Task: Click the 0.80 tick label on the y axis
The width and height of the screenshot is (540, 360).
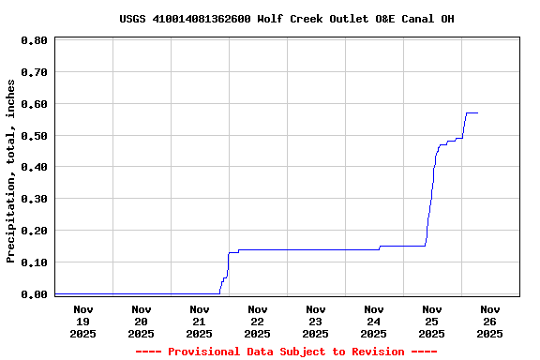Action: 34,41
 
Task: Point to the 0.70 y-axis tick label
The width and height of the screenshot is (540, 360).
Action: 34,72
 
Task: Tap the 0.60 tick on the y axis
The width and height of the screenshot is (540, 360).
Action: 34,104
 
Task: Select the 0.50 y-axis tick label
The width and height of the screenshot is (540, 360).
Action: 34,136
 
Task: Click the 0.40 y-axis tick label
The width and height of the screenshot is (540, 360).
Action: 34,168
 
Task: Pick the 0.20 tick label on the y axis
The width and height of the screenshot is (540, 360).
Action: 34,231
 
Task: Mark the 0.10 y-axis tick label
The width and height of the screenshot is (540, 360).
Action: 34,262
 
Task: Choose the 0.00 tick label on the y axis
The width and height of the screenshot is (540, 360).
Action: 34,294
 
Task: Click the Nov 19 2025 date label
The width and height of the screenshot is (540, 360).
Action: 83,322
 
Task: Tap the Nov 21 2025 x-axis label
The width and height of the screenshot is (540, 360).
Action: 200,322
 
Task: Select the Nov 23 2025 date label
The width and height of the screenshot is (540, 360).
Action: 316,322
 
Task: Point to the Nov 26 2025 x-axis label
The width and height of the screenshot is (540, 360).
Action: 490,322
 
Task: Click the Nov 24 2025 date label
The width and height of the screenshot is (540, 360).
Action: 374,322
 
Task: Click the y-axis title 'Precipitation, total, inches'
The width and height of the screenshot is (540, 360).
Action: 11,171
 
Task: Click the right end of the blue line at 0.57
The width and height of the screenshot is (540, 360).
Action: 477,112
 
